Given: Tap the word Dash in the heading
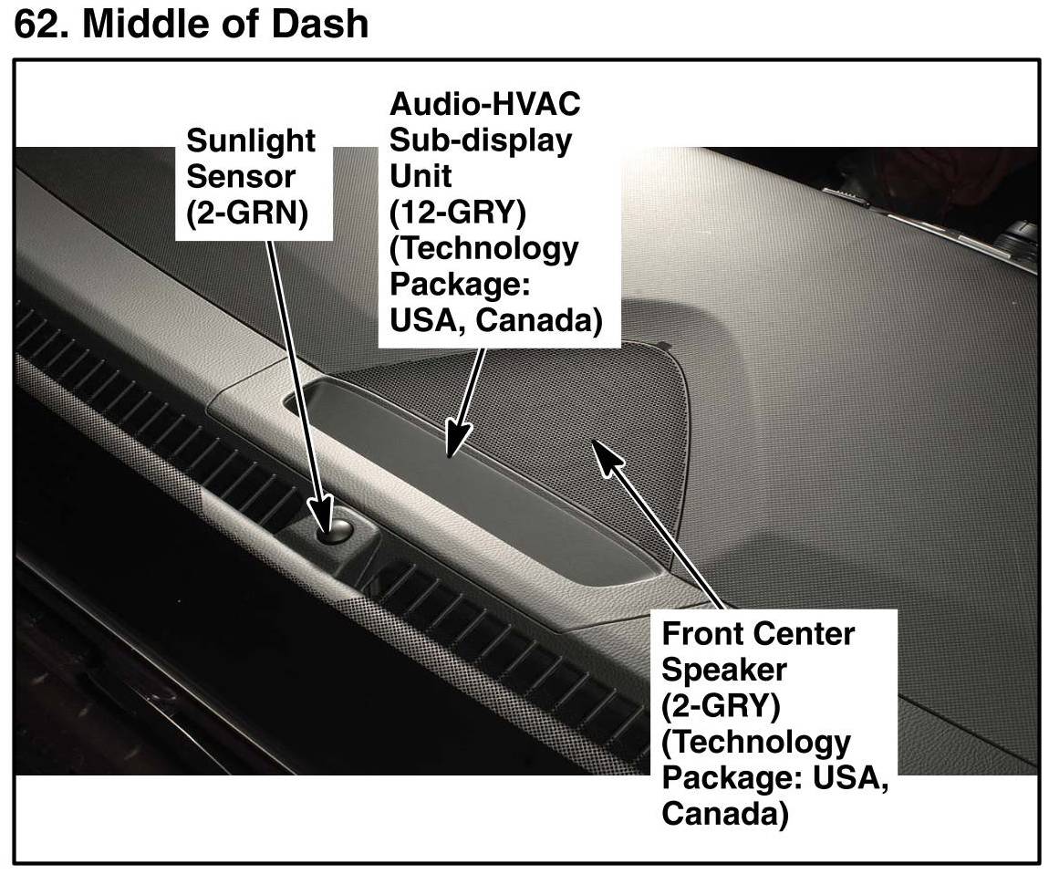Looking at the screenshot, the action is pos(322,22).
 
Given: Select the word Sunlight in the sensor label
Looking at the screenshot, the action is pos(251,141).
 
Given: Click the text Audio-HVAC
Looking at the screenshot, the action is pos(484,104).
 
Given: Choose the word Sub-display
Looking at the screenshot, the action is pos(481,140).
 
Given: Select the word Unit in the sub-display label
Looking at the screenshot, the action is pos(421,176).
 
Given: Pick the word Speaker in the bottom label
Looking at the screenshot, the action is pos(723,670).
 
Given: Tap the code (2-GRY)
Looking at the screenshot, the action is pos(720,706).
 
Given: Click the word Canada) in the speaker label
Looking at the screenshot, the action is pos(724,814).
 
